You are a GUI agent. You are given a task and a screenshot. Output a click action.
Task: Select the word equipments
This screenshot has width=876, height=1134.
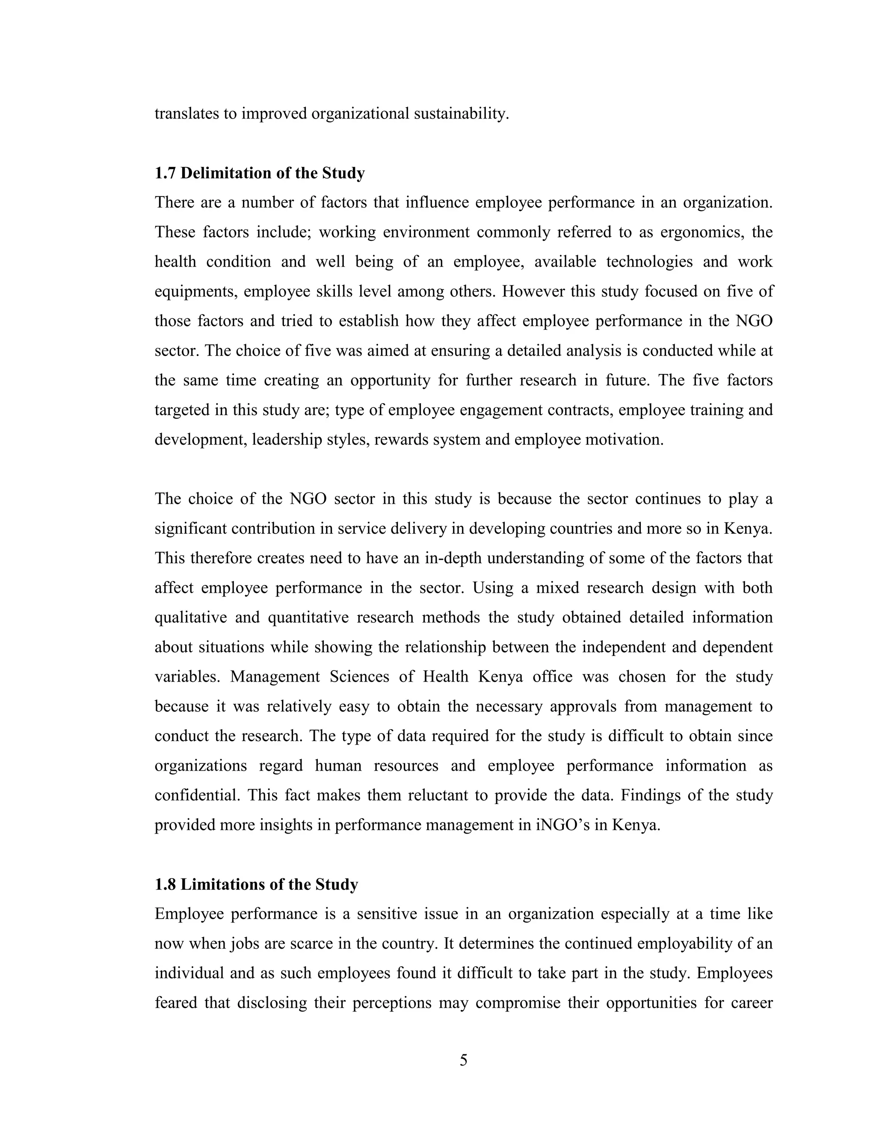195,292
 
